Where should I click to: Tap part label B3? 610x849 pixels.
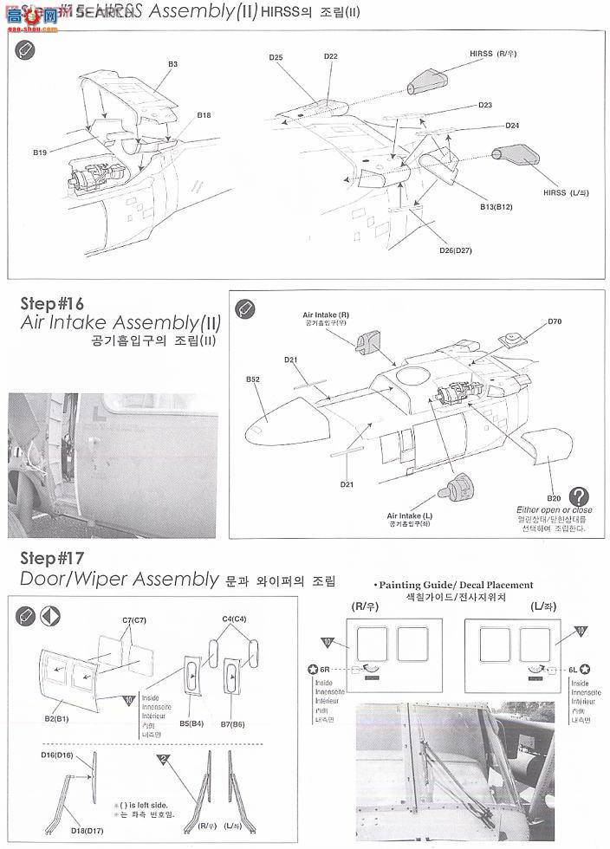point(173,63)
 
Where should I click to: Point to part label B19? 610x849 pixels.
point(41,152)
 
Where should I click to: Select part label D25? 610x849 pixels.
point(276,57)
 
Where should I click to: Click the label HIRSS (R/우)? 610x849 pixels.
point(493,54)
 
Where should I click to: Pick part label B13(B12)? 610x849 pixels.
point(497,207)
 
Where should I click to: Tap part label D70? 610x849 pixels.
point(555,321)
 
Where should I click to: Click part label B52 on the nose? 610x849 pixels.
point(253,379)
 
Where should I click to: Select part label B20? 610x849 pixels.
point(554,498)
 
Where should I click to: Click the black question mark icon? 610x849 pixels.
point(580,496)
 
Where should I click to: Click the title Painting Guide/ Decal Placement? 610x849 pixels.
point(455,585)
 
